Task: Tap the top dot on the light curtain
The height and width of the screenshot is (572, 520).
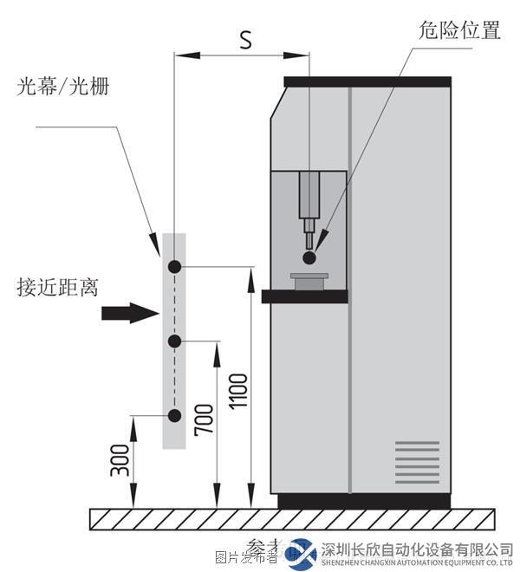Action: (x=174, y=267)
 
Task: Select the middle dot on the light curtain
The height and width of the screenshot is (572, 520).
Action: (x=174, y=341)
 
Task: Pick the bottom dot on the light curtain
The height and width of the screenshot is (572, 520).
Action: (x=174, y=416)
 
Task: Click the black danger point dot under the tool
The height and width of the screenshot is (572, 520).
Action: (x=309, y=257)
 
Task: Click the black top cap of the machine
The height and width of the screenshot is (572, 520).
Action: (x=367, y=81)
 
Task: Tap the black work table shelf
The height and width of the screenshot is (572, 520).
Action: (x=304, y=296)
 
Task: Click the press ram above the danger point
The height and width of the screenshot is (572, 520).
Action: (x=309, y=198)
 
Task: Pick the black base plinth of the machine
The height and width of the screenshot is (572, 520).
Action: (x=364, y=501)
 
